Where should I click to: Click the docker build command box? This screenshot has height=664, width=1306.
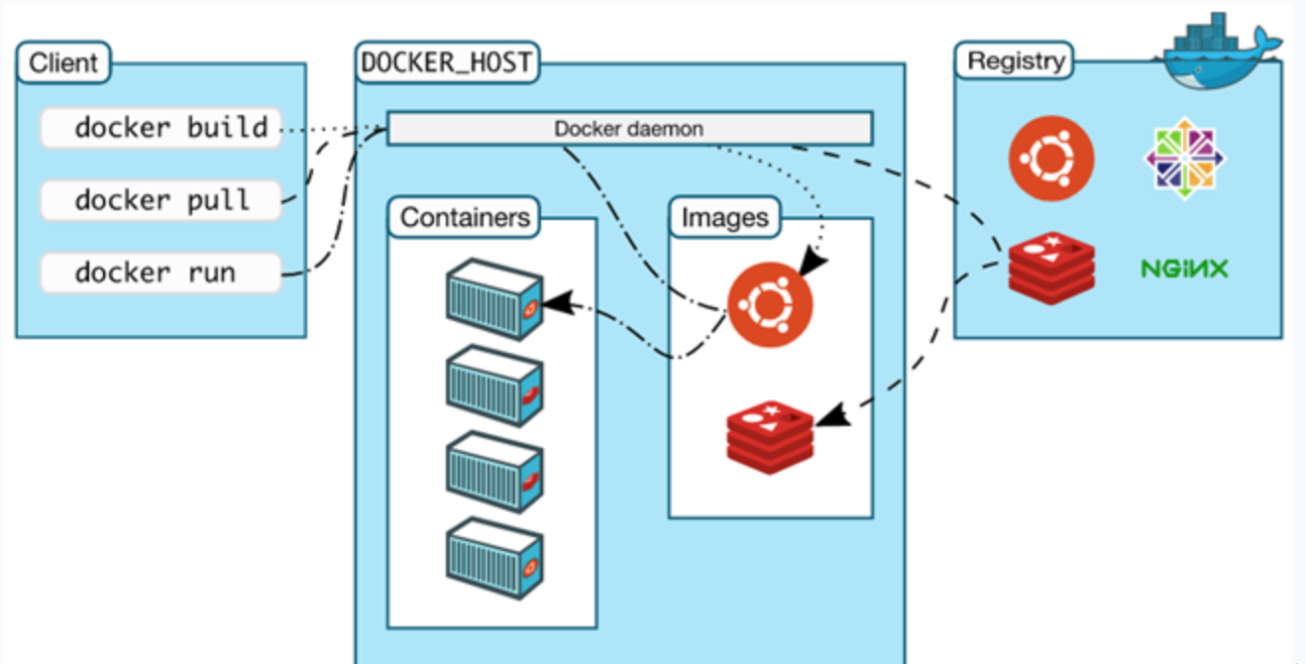pos(161,128)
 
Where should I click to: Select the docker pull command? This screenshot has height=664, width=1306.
pos(161,200)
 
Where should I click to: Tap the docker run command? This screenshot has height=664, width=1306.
pos(161,273)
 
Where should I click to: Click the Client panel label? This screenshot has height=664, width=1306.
pos(63,62)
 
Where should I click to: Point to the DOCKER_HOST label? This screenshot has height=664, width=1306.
pos(446,62)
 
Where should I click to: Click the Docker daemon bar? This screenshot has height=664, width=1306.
pos(629,129)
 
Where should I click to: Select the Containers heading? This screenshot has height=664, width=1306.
pos(464,216)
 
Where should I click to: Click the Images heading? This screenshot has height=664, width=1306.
pos(724,218)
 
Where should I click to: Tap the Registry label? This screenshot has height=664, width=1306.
pos(1016,60)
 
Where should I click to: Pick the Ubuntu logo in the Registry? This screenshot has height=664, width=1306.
pos(1051,159)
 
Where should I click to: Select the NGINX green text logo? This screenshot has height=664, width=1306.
pos(1184,269)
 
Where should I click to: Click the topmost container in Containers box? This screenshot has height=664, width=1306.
pos(493,298)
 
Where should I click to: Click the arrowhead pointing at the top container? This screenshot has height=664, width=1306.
pos(558,299)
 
